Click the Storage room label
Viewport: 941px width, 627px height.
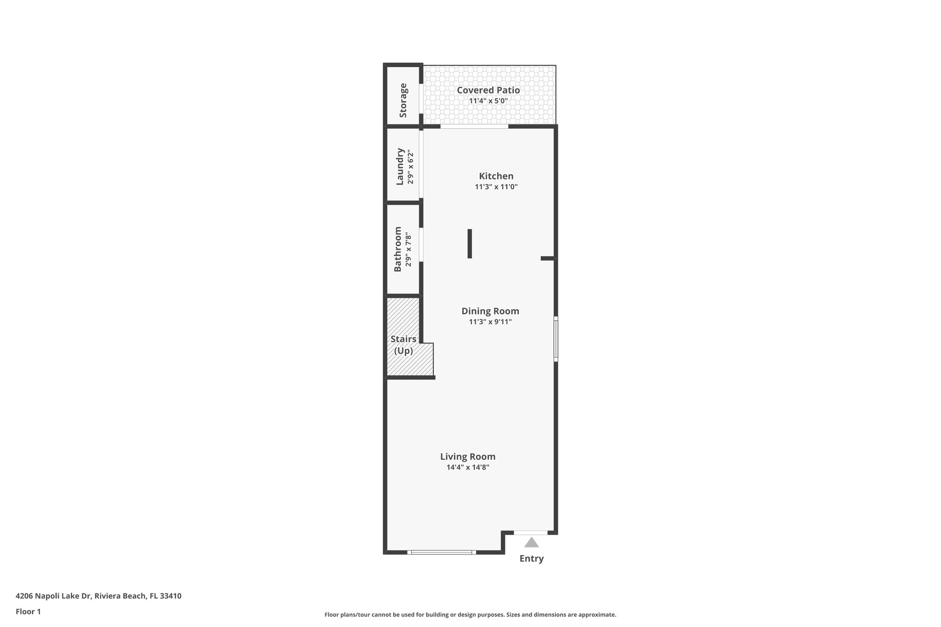click(x=403, y=100)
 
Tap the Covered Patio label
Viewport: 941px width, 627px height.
click(x=488, y=90)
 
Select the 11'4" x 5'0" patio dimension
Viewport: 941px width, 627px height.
click(x=488, y=101)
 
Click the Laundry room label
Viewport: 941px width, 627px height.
click(x=400, y=166)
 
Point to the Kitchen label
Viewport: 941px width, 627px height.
click(x=496, y=176)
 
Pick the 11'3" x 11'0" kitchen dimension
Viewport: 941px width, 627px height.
click(x=496, y=187)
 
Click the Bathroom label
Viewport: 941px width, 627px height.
click(x=398, y=249)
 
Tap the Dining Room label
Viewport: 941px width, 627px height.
click(x=490, y=311)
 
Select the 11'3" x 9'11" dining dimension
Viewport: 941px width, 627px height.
click(x=490, y=322)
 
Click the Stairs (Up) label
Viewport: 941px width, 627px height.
click(x=403, y=345)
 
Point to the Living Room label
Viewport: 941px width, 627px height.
click(x=467, y=457)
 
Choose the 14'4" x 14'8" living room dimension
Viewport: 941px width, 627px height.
click(x=467, y=468)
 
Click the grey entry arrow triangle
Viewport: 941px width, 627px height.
click(x=531, y=543)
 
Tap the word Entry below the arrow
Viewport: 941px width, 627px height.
click(x=531, y=559)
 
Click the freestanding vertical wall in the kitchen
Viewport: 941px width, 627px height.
click(x=470, y=243)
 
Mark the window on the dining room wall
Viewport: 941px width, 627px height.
click(x=556, y=339)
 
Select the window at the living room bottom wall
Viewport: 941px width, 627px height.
click(x=441, y=552)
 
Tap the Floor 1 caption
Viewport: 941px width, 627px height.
click(x=28, y=611)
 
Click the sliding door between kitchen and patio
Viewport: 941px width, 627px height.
click(x=474, y=126)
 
